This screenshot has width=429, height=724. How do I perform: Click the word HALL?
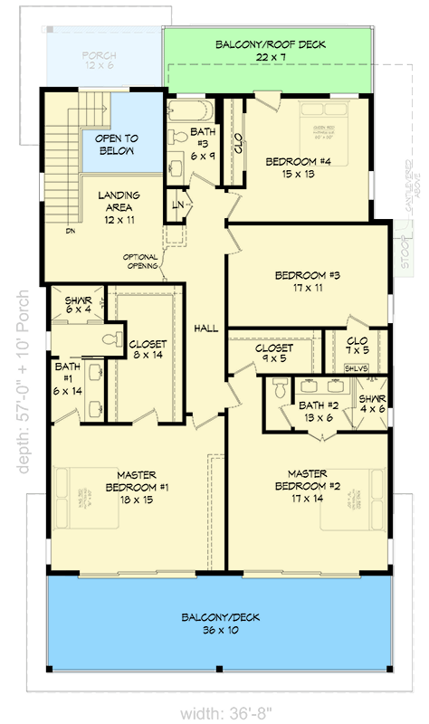[206, 329]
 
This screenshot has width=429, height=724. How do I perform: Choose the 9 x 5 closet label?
[273, 353]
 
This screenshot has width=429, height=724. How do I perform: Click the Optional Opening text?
[141, 262]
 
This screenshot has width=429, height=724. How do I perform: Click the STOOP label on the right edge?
[405, 252]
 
